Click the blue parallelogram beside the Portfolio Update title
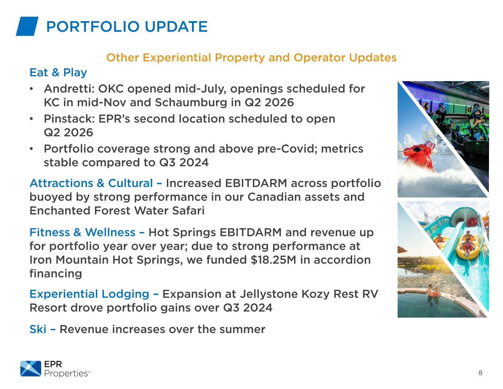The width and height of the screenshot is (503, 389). tap(27, 26)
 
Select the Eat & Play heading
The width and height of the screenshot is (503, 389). tap(58, 73)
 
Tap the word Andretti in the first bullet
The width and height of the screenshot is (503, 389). tap(69, 89)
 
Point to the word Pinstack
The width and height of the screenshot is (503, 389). tap(69, 119)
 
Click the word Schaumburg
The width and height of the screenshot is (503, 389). tap(191, 103)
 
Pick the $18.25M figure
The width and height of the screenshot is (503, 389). tap(273, 260)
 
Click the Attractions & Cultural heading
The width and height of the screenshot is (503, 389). tap(91, 183)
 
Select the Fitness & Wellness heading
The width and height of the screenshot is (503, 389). tap(83, 232)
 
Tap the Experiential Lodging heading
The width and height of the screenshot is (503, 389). tap(89, 294)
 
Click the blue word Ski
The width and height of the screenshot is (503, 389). tap(38, 329)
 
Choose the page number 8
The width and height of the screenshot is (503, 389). tap(480, 373)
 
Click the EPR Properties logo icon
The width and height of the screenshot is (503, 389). tap(31, 368)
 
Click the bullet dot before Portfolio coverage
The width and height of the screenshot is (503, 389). tap(31, 149)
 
